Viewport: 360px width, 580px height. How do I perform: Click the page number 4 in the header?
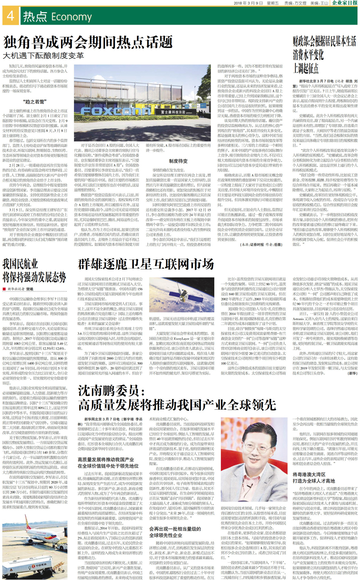10,16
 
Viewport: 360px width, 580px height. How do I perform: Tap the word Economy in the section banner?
71,17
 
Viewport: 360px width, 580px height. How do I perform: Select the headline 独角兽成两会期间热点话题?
88,42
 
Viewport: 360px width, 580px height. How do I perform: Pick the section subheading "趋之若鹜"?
36,102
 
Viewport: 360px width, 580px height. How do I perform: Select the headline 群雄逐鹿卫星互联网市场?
146,264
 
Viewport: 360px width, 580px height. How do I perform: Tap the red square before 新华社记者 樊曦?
4,289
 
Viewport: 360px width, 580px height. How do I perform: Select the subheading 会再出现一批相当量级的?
175,529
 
